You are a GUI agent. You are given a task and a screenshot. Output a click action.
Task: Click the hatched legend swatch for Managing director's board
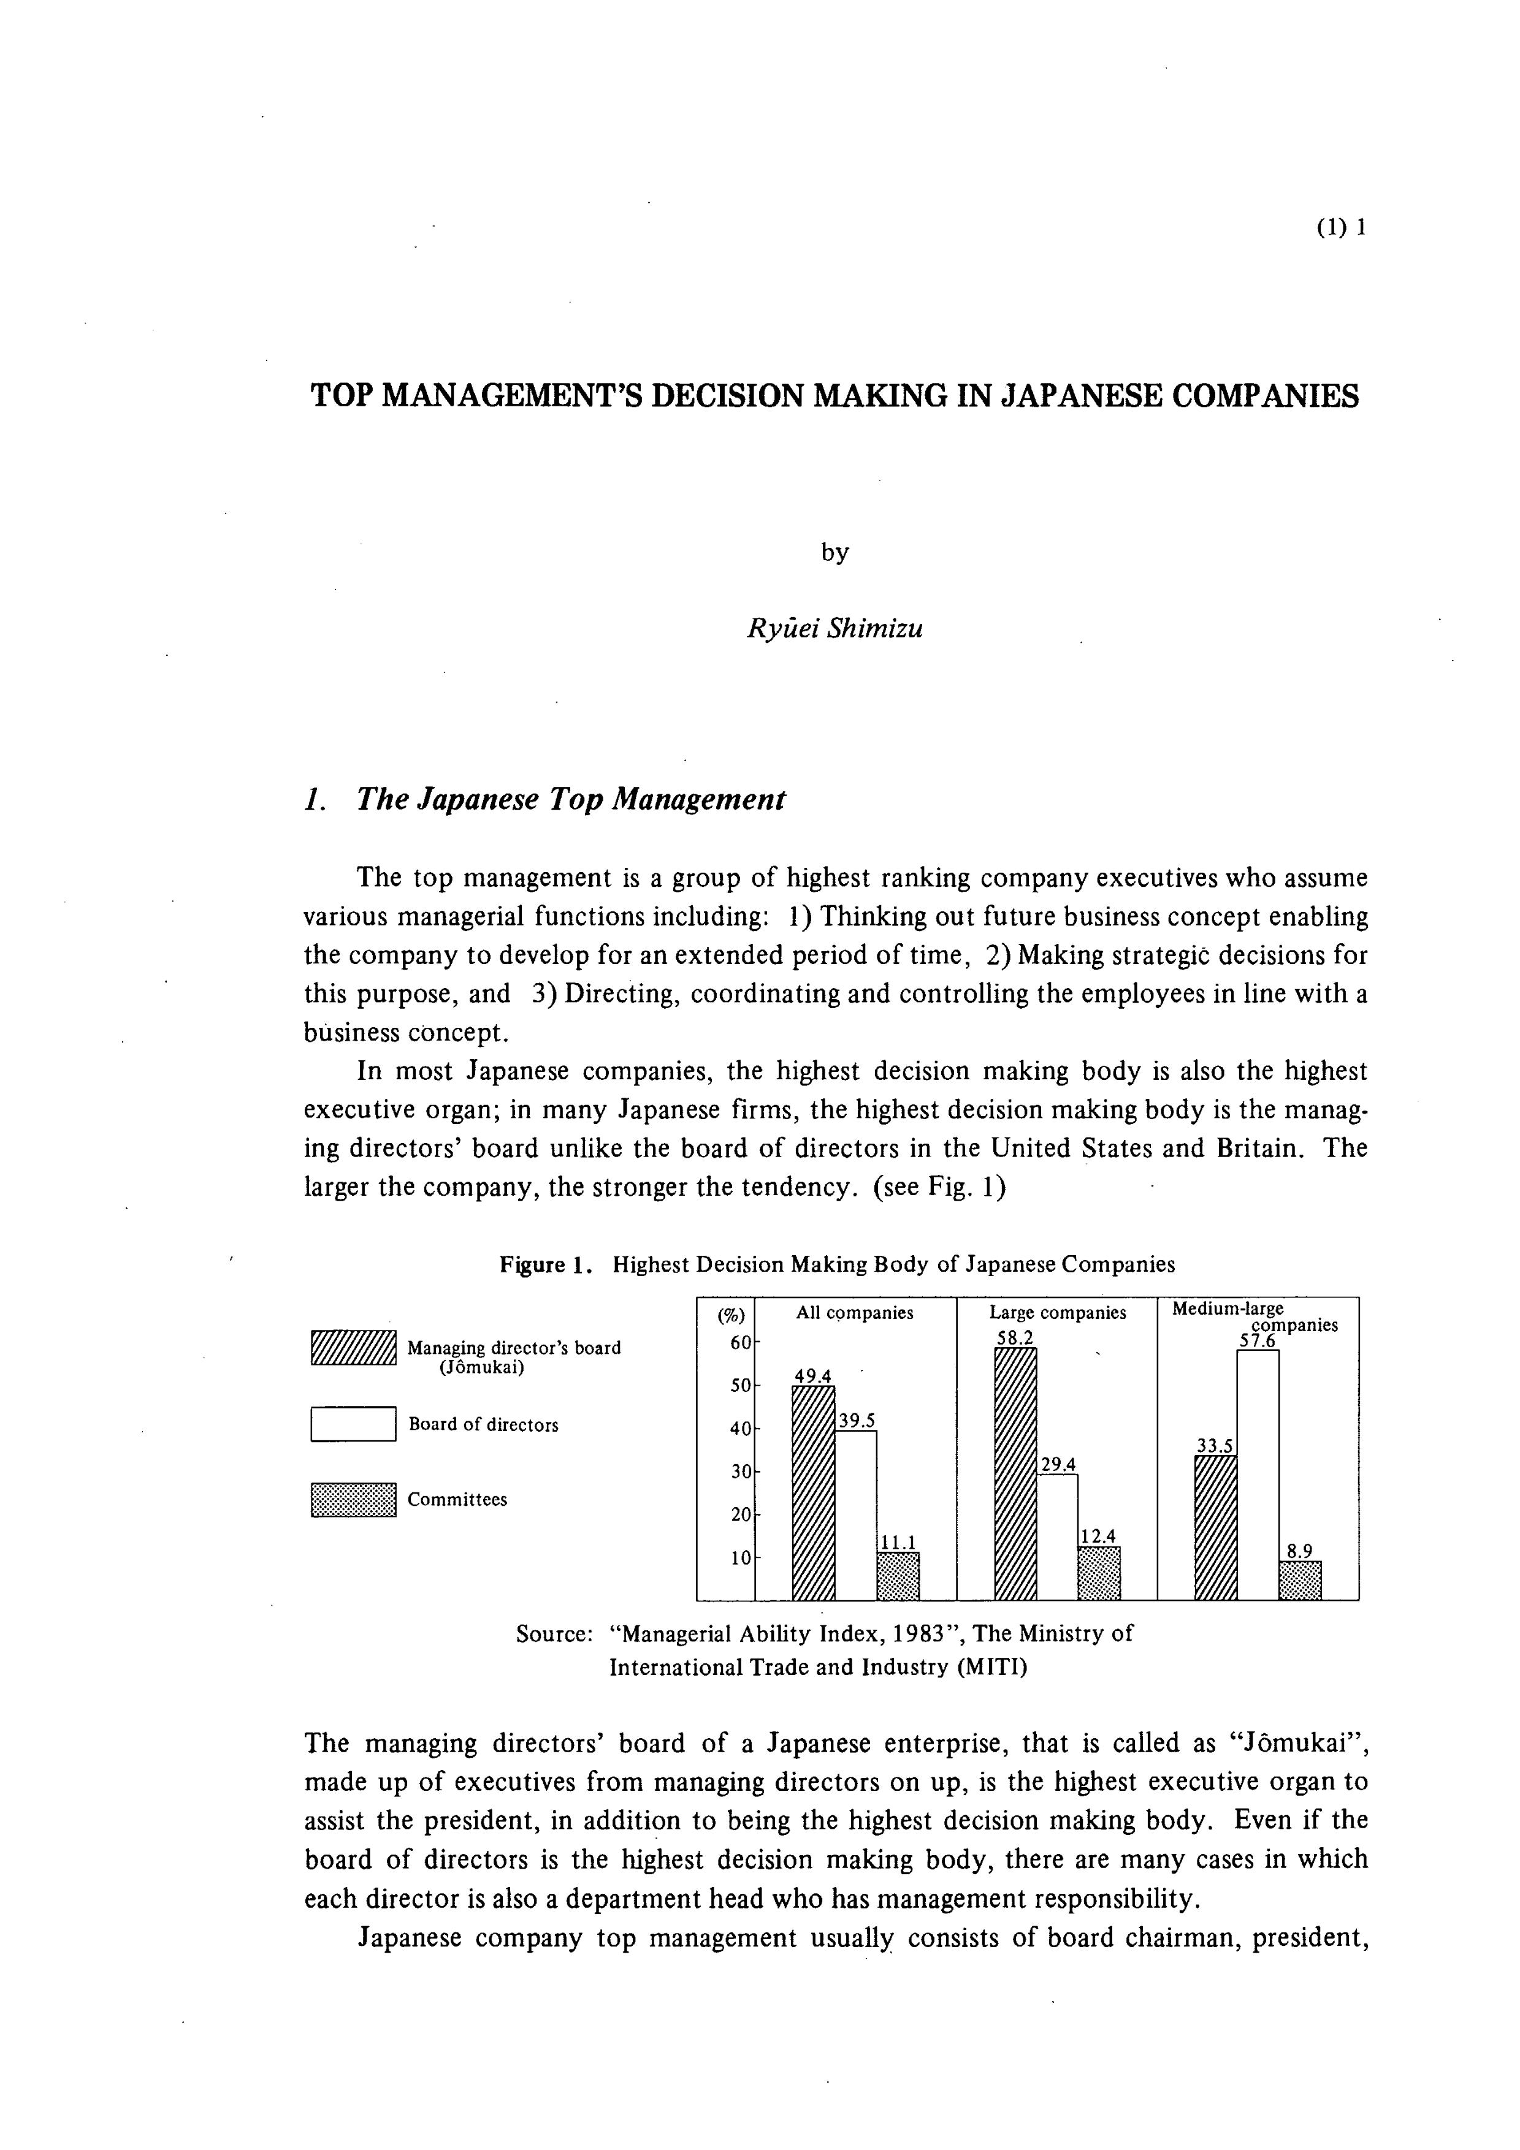pyautogui.click(x=353, y=1348)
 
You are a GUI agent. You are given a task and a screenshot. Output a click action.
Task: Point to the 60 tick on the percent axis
pyautogui.click(x=740, y=1343)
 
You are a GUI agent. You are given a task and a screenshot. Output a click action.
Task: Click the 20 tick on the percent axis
pyautogui.click(x=740, y=1514)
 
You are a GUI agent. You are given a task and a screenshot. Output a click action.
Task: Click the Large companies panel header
pyautogui.click(x=1057, y=1313)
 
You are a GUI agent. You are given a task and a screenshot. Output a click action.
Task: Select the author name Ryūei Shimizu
pyautogui.click(x=834, y=628)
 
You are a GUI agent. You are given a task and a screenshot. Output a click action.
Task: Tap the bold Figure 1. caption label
pyautogui.click(x=545, y=1265)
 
